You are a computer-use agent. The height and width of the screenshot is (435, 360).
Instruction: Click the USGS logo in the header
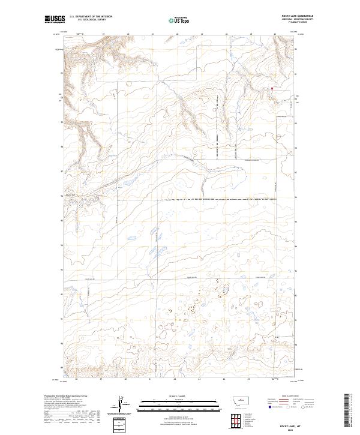(x=54, y=20)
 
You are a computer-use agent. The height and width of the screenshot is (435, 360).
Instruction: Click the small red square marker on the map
(x=272, y=88)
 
